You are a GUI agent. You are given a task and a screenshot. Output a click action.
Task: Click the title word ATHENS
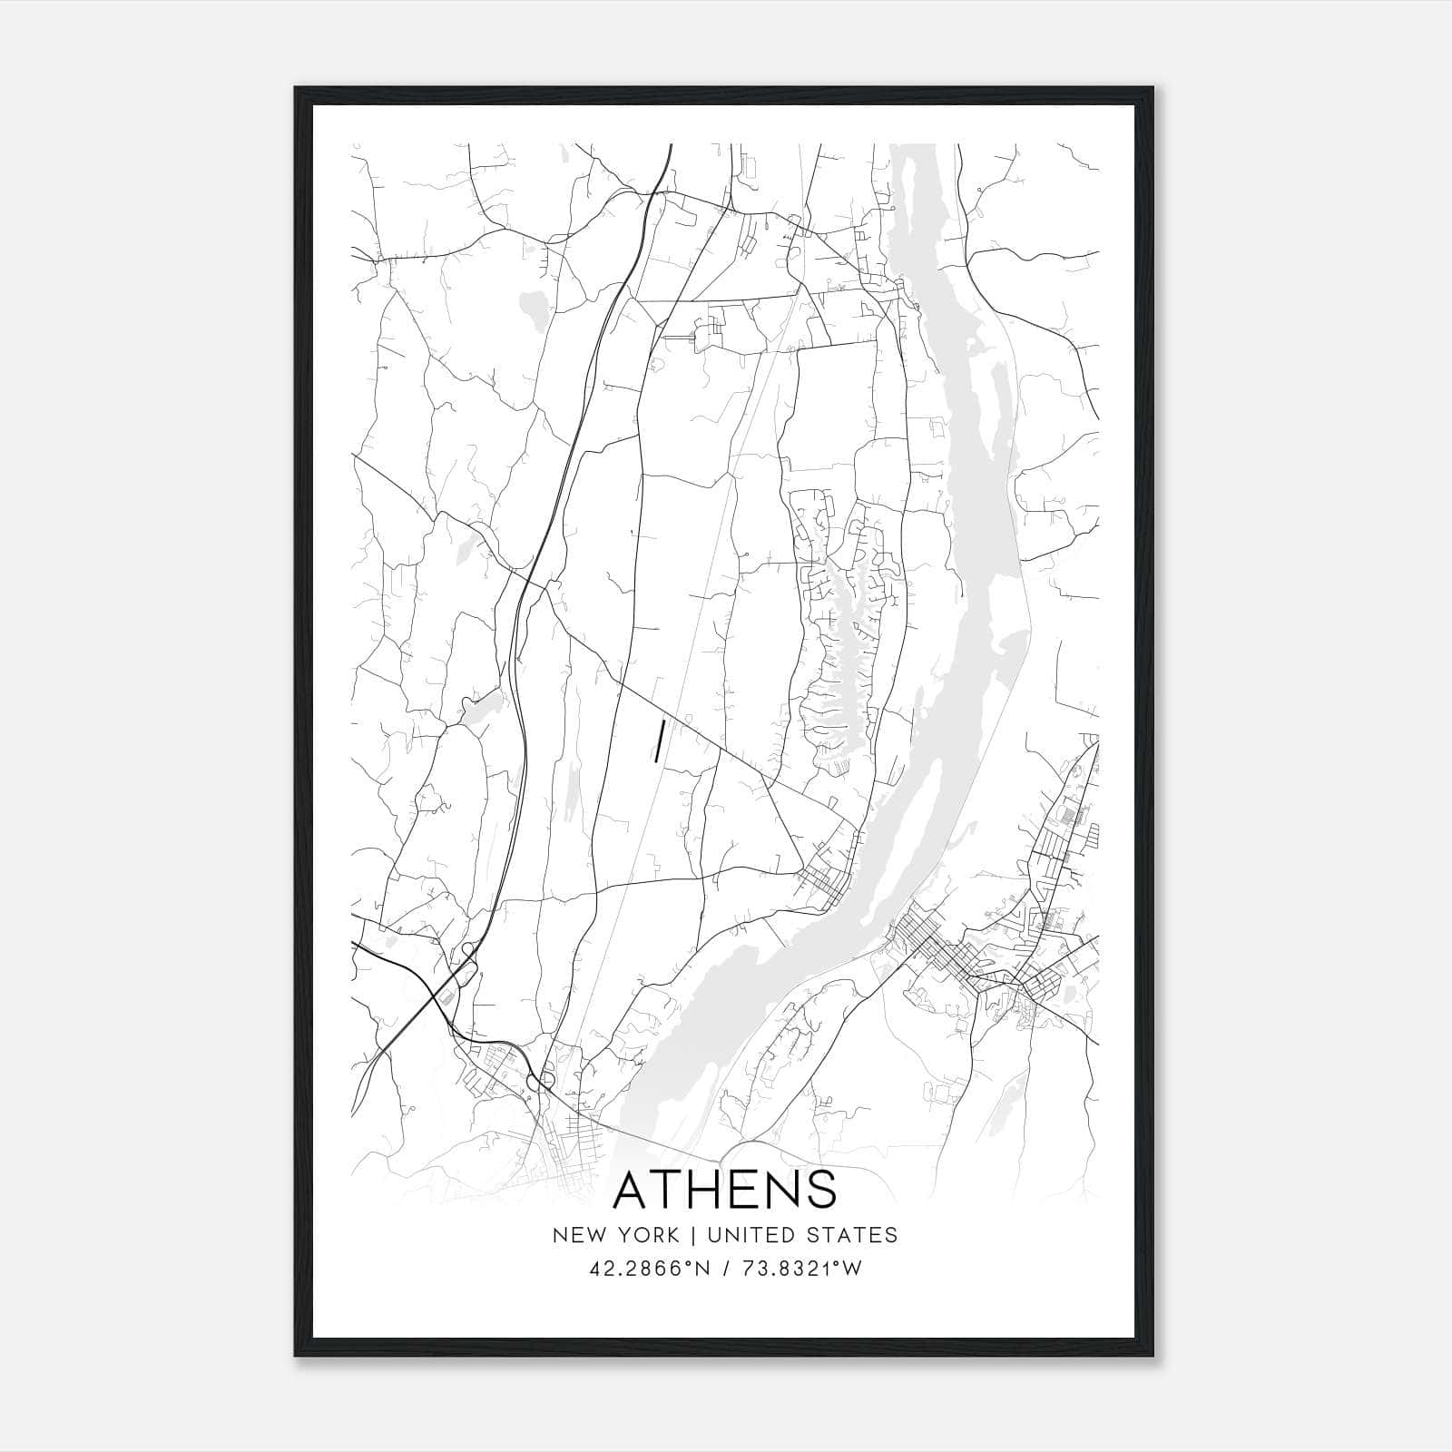click(x=725, y=1190)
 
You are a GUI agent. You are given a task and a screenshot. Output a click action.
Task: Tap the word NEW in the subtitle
click(x=576, y=1235)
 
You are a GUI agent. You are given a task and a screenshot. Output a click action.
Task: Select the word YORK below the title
click(x=646, y=1235)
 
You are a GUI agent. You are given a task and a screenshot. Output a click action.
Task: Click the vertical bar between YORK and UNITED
click(x=692, y=1235)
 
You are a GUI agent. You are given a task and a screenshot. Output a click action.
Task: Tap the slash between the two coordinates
click(x=727, y=1269)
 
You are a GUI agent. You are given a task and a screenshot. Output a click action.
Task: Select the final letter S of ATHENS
click(x=820, y=1190)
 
